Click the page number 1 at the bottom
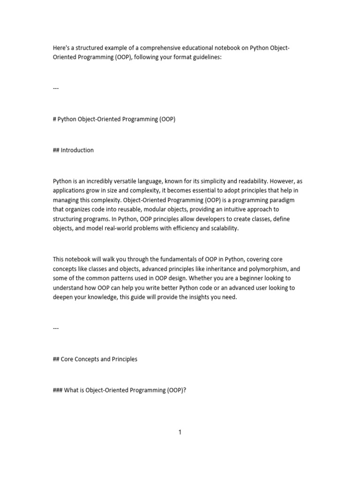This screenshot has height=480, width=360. tap(180, 432)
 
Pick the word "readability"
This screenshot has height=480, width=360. tap(273, 181)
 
